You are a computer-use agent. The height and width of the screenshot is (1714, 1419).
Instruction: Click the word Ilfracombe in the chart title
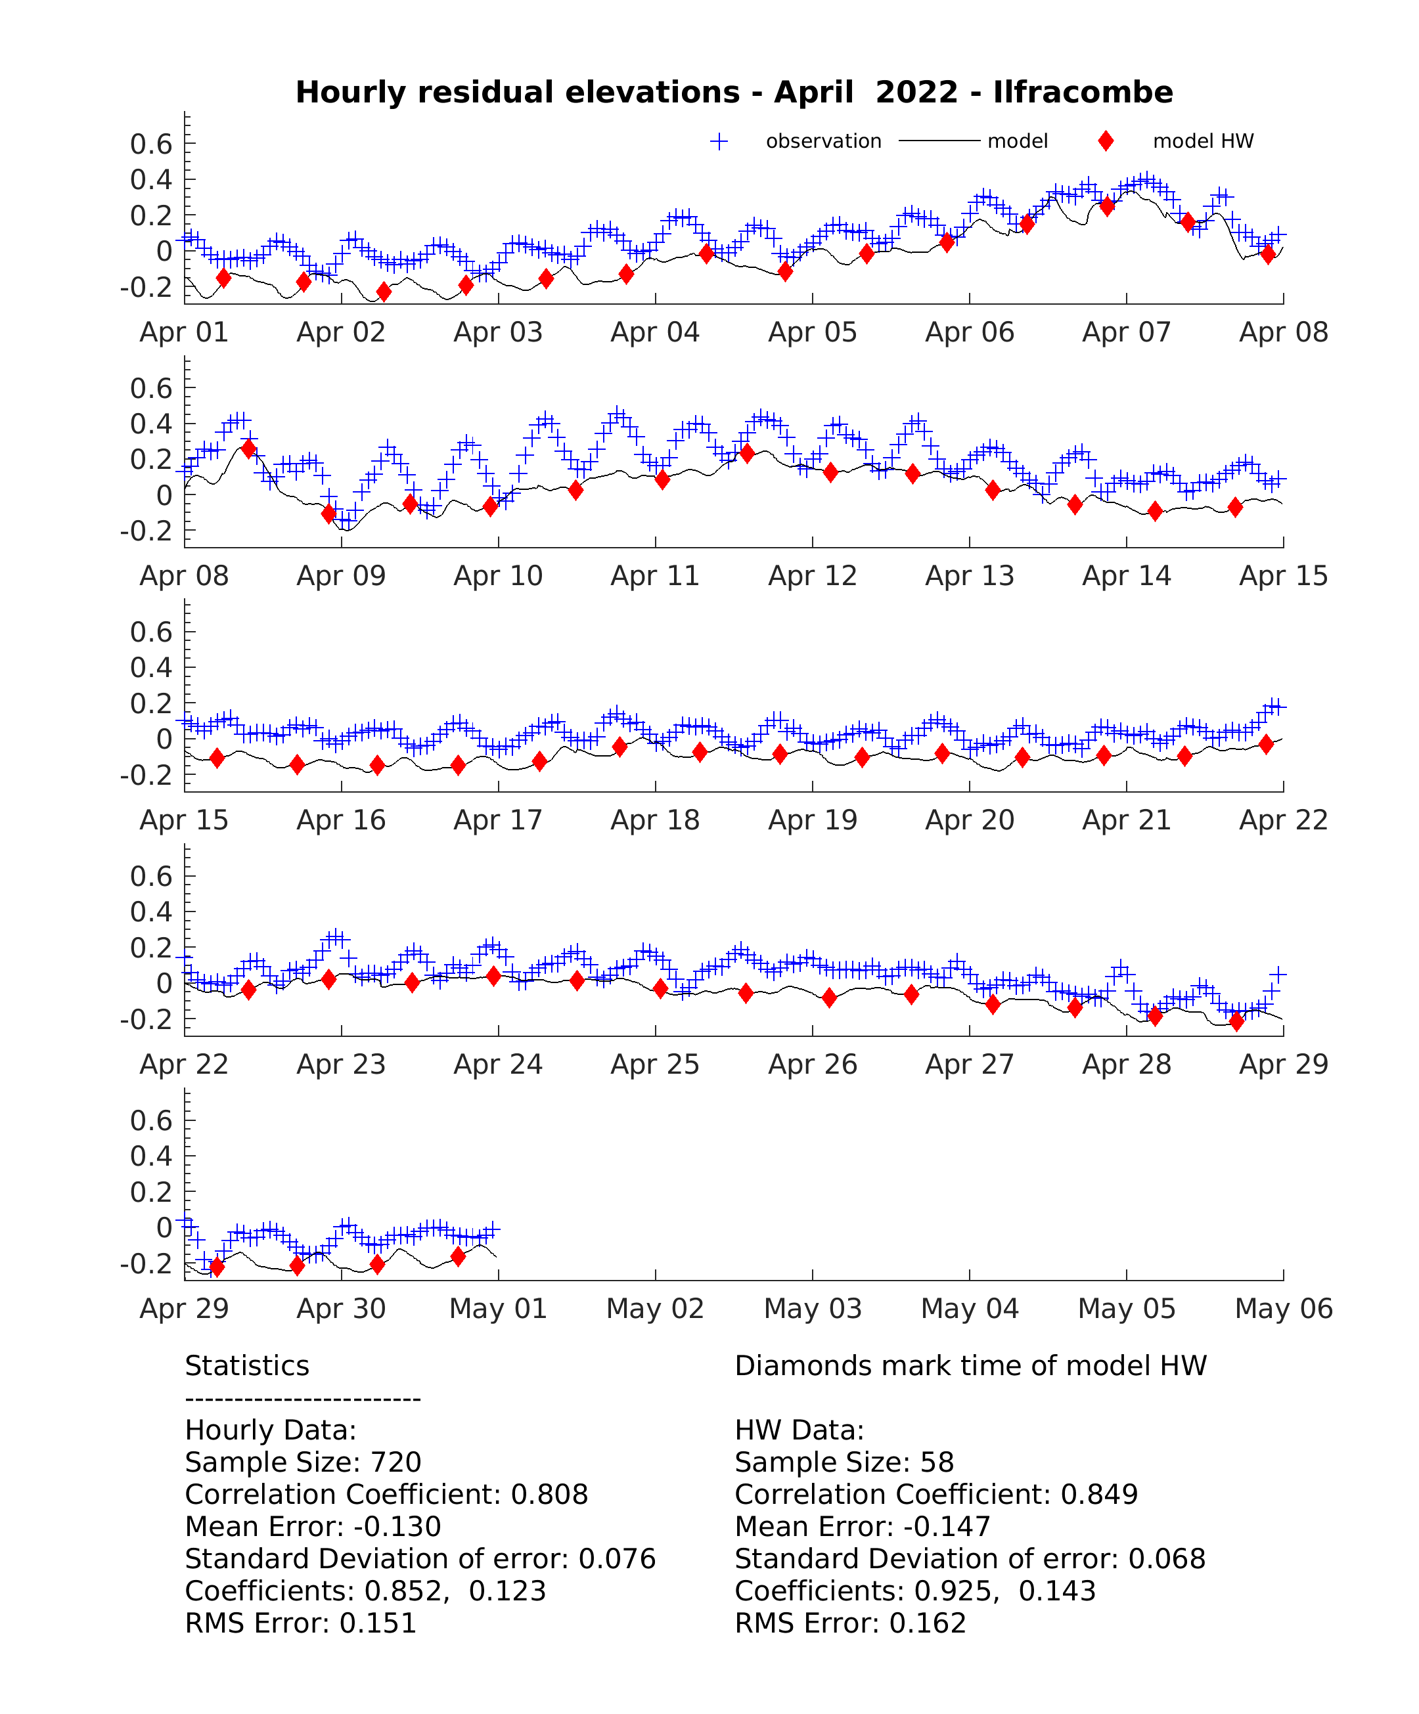pos(1083,92)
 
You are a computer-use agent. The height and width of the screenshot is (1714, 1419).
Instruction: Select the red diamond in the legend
pos(1106,141)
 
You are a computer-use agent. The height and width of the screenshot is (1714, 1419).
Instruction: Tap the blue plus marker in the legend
pos(719,141)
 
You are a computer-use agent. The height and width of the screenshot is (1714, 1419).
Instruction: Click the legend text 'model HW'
pos(1203,141)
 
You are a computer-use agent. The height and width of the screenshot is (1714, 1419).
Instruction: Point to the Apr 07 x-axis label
pos(1126,332)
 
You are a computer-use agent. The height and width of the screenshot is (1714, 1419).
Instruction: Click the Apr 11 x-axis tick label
pos(655,576)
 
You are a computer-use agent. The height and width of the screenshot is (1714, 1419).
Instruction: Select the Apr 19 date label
pos(813,820)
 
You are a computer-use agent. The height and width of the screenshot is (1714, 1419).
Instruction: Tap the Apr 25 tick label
pos(655,1065)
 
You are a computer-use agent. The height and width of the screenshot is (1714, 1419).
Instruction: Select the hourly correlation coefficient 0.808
pos(549,1495)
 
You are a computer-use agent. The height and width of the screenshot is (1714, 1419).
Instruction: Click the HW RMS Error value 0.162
pos(928,1623)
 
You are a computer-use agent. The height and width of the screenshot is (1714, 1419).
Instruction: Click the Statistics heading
pos(248,1365)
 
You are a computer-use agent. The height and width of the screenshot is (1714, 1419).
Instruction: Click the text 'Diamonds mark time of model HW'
pos(971,1365)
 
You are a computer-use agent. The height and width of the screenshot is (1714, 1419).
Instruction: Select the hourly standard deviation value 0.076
pos(618,1559)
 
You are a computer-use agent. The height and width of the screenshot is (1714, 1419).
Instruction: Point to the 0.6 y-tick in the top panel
pos(151,144)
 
